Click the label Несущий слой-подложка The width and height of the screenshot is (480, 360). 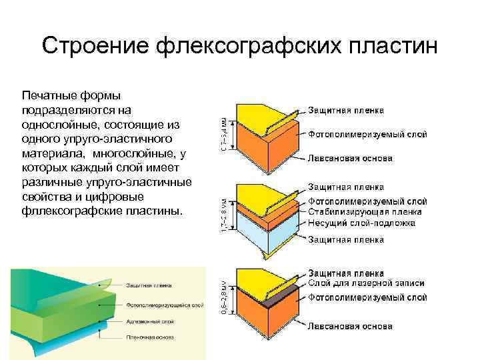point(361,223)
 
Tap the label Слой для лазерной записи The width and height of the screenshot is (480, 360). point(366,283)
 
